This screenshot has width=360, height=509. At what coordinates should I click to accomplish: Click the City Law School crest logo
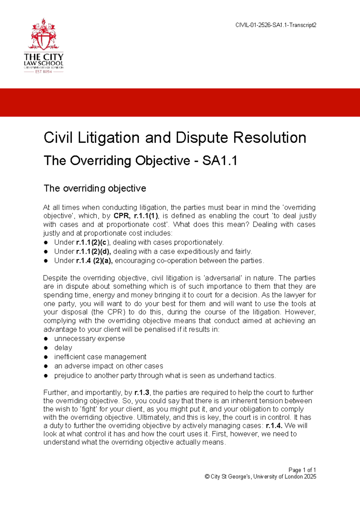[x=43, y=35]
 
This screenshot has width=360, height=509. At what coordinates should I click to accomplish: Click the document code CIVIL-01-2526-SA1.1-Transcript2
[x=276, y=25]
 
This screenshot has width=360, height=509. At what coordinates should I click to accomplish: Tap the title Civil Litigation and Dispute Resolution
[x=175, y=138]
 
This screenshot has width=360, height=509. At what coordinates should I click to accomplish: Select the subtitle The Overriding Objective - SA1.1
[x=140, y=161]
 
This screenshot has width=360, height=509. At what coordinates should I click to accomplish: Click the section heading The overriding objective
[x=95, y=188]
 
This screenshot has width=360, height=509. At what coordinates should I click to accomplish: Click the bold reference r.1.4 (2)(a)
[x=94, y=261]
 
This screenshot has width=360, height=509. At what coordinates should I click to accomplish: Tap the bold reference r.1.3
[x=142, y=393]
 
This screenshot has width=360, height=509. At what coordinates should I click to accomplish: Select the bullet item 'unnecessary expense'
[x=89, y=339]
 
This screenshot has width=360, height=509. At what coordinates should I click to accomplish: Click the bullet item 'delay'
[x=63, y=348]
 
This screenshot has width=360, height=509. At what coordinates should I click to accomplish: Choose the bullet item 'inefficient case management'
[x=100, y=357]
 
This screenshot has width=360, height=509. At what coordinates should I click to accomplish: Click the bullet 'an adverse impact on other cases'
[x=109, y=366]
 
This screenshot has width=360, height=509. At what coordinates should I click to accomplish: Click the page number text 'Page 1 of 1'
[x=302, y=470]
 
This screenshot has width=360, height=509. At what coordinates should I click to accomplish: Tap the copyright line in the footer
[x=260, y=477]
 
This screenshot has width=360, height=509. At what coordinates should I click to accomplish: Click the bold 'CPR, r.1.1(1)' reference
[x=136, y=216]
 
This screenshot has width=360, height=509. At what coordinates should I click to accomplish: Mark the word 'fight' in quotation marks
[x=89, y=409]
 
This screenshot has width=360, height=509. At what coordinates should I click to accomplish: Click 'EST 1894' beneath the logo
[x=43, y=72]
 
